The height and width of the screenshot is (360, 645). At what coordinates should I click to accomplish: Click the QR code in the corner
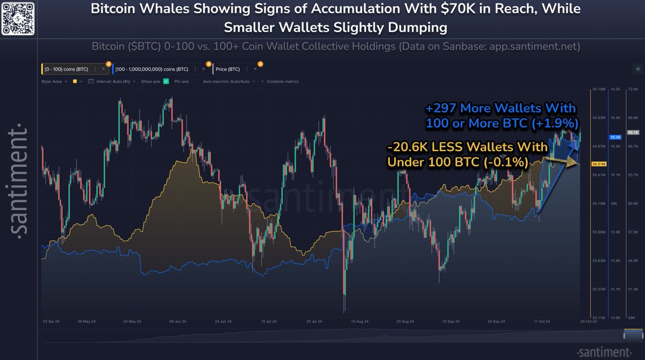pyautogui.click(x=19, y=18)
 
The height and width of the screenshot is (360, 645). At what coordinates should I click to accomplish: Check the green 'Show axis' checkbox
pyautogui.click(x=166, y=81)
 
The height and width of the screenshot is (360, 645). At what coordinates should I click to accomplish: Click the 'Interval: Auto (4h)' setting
pyautogui.click(x=114, y=81)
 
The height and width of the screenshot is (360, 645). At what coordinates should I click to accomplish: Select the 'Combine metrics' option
pyautogui.click(x=281, y=81)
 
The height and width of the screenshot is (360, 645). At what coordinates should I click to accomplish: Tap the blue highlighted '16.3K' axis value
pyautogui.click(x=615, y=138)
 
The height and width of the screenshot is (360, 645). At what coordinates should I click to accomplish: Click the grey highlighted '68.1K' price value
pyautogui.click(x=633, y=132)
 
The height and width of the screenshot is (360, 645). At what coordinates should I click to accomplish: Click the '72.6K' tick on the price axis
pyautogui.click(x=633, y=89)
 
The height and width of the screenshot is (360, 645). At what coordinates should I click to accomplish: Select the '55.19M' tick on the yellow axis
pyautogui.click(x=599, y=89)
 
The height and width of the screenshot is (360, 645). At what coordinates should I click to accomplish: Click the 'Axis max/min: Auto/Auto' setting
pyautogui.click(x=226, y=81)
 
